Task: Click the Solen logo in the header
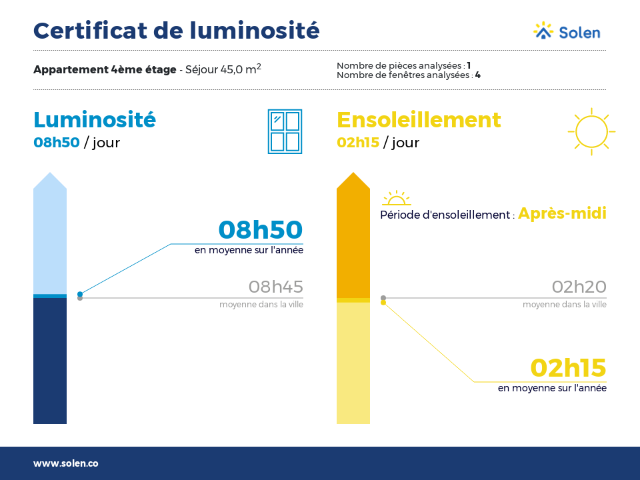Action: tap(567, 31)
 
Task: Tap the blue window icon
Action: tap(285, 131)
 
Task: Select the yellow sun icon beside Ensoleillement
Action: tap(591, 131)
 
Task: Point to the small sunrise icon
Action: tap(396, 198)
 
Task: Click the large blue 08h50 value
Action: tap(261, 229)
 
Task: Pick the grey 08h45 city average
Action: tap(275, 287)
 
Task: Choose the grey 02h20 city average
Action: tap(579, 287)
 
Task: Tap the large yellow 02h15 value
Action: tap(568, 368)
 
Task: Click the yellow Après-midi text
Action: tap(562, 213)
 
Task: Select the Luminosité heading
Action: tap(95, 119)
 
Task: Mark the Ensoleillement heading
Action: tap(419, 120)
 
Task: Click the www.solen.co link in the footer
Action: tap(66, 463)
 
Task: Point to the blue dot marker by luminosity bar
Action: tap(80, 294)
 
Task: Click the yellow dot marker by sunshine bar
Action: tap(383, 303)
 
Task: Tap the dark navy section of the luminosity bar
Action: tap(50, 361)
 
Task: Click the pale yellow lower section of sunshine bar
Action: tap(353, 363)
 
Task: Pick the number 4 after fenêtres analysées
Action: tap(477, 75)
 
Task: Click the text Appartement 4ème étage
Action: tap(105, 70)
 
